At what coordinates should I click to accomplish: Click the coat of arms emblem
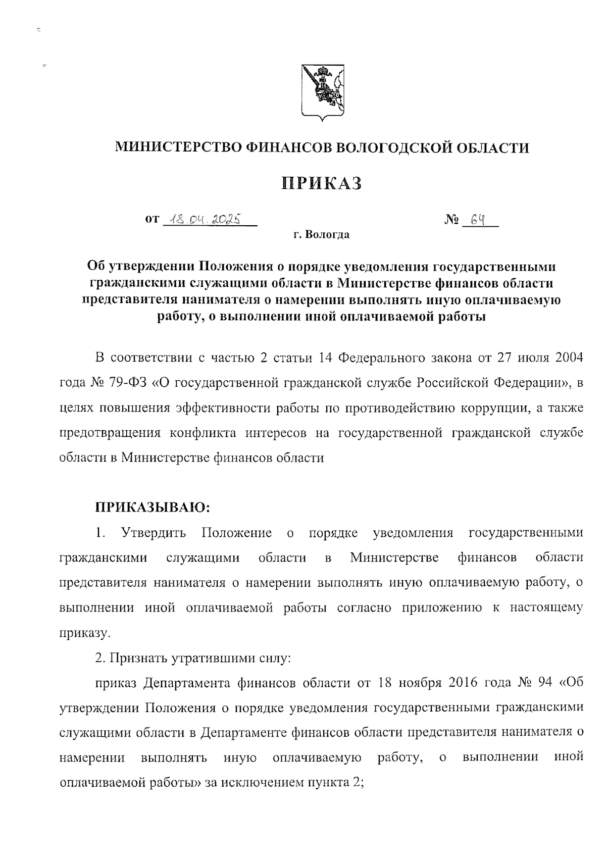(x=323, y=93)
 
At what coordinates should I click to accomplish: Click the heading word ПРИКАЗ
(x=322, y=183)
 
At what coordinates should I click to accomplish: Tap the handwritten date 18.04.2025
(x=207, y=220)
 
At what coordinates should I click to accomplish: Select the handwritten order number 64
(x=477, y=220)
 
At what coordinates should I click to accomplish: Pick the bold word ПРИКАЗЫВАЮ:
(x=152, y=506)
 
